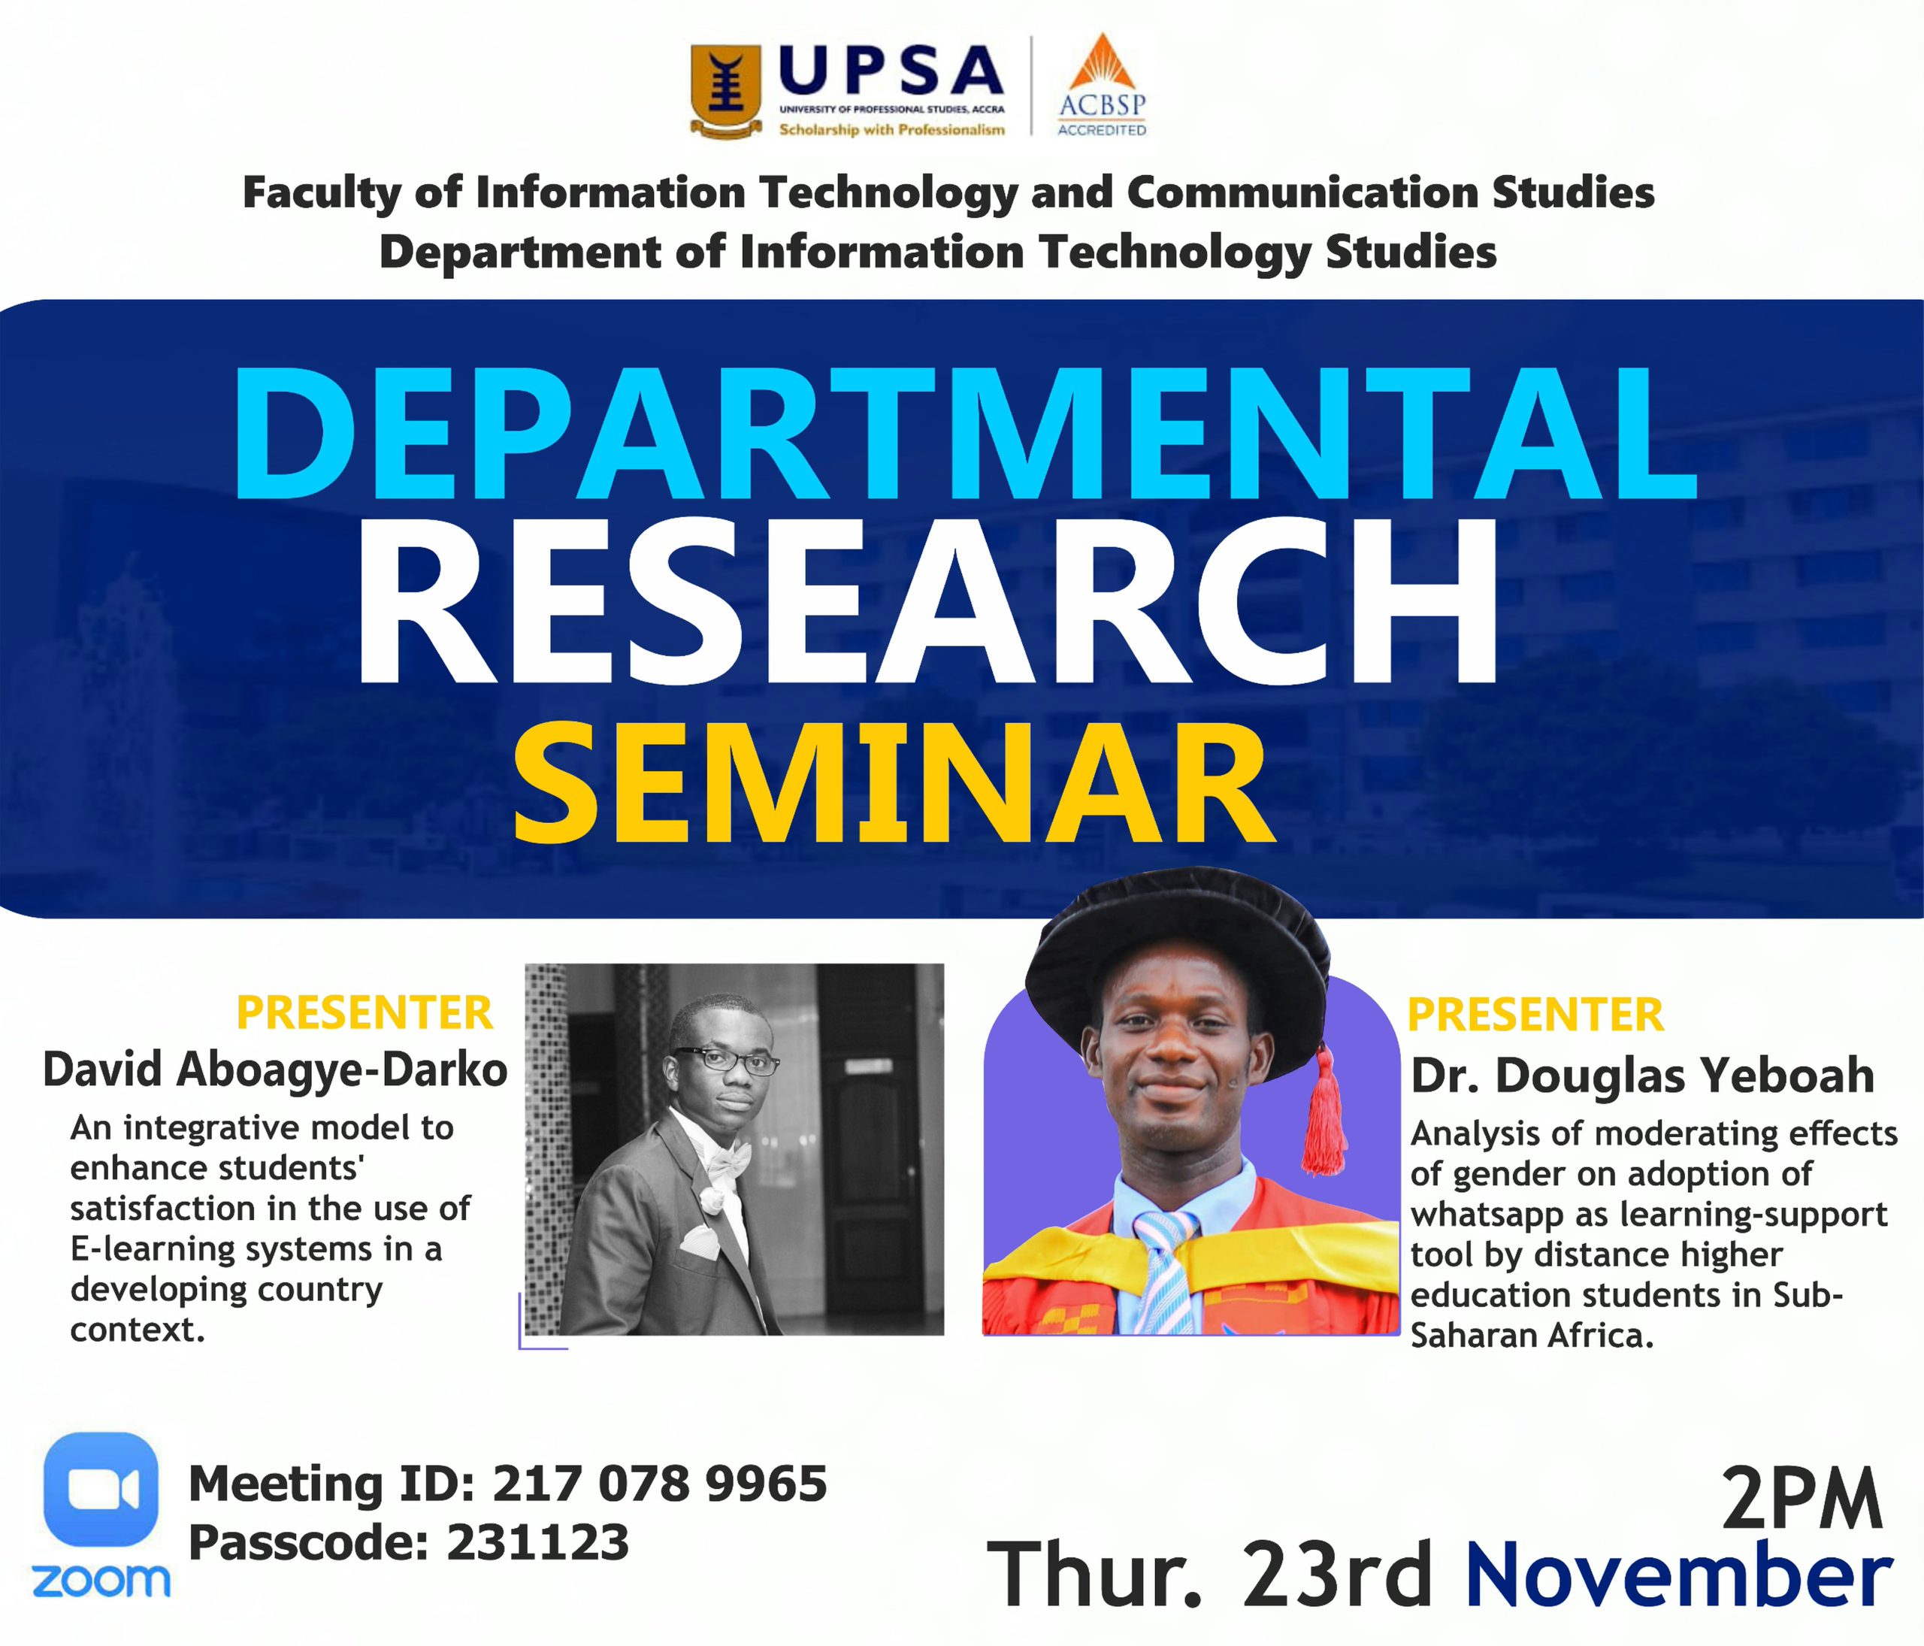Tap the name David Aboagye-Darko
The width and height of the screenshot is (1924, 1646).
[x=276, y=1070]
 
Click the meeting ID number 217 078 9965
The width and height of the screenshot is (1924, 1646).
[x=659, y=1484]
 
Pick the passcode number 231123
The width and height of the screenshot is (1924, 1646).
[x=537, y=1543]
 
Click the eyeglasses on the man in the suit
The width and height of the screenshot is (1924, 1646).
[x=727, y=1061]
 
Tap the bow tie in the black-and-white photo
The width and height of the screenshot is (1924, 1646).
[x=729, y=1160]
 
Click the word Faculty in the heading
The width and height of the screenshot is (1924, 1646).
[x=320, y=193]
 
